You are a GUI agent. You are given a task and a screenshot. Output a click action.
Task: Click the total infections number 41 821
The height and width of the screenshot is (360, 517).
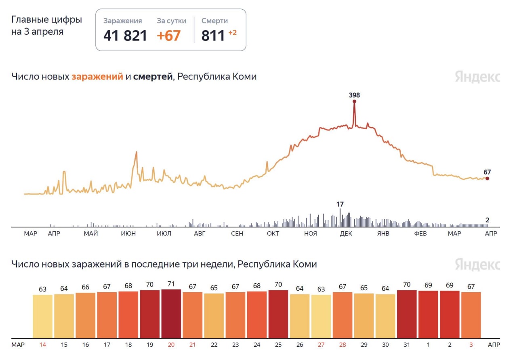pos(125,36)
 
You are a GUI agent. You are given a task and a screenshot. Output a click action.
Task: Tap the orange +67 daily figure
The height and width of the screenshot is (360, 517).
pos(168,36)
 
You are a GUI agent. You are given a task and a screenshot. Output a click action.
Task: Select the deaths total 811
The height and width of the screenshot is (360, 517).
pos(213,36)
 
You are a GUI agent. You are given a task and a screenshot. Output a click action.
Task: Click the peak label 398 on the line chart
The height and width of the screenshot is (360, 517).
pos(354,95)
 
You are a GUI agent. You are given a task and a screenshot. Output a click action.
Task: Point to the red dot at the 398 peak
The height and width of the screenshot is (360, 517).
pos(354,101)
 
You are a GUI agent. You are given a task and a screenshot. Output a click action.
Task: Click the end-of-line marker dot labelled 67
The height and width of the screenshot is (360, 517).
pos(487,178)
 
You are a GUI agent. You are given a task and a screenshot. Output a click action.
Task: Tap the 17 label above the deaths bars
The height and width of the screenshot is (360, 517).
pos(340,204)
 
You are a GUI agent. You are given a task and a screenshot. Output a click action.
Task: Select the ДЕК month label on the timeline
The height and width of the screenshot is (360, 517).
pos(346,234)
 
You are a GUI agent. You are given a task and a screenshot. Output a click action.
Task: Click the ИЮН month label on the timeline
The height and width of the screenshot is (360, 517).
pos(128,234)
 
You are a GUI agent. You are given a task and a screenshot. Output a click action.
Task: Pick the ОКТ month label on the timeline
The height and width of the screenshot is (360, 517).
pos(273,234)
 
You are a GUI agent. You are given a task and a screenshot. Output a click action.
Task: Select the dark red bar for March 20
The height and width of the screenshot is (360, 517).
pos(171,314)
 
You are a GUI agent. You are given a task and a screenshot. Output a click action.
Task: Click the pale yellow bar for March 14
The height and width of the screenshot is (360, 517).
pos(42,316)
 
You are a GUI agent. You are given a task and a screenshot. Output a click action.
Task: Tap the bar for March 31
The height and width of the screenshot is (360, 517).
pos(407,314)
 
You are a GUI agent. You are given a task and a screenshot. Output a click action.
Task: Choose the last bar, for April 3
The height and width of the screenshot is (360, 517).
pos(471,315)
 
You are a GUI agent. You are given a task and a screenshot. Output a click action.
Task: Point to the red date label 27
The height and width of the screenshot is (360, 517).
pos(321,345)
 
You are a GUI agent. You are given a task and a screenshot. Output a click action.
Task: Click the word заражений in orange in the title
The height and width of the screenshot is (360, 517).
pos(97,77)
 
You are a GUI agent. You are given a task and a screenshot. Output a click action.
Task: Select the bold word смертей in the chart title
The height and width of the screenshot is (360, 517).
pos(153,77)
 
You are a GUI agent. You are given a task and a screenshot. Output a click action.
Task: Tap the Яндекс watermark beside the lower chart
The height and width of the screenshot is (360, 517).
pos(477,265)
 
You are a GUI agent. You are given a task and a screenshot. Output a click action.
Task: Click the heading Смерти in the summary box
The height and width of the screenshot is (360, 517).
pos(214,21)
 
